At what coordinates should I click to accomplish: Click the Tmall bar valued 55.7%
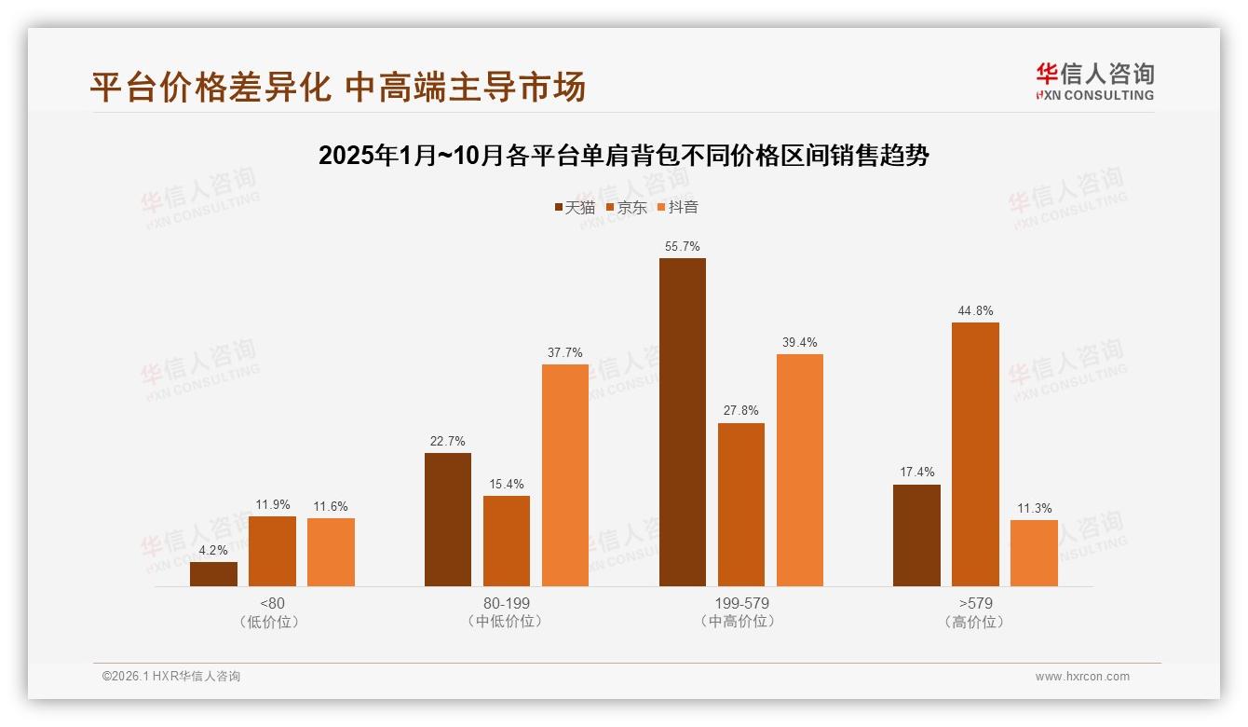682,421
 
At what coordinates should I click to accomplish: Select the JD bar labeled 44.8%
975,454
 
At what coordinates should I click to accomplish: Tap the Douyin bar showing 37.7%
565,474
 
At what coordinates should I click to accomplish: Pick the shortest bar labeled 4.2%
213,574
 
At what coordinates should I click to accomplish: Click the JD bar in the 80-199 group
507,541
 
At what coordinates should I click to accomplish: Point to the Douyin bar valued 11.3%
1034,553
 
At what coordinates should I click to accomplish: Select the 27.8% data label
740,410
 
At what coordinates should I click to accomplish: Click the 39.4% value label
799,342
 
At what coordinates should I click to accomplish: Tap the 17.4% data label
916,472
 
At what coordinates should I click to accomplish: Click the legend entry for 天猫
575,207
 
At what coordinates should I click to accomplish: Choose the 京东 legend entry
627,207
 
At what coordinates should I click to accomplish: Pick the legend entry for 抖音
678,207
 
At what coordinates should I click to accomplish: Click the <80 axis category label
273,603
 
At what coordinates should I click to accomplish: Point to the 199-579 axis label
741,603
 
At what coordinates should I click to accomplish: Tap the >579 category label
975,603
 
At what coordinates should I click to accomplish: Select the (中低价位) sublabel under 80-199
507,621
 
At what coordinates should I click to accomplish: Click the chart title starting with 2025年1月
623,156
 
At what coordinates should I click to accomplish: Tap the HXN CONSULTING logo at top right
1094,81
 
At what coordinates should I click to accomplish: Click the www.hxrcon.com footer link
1082,677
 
